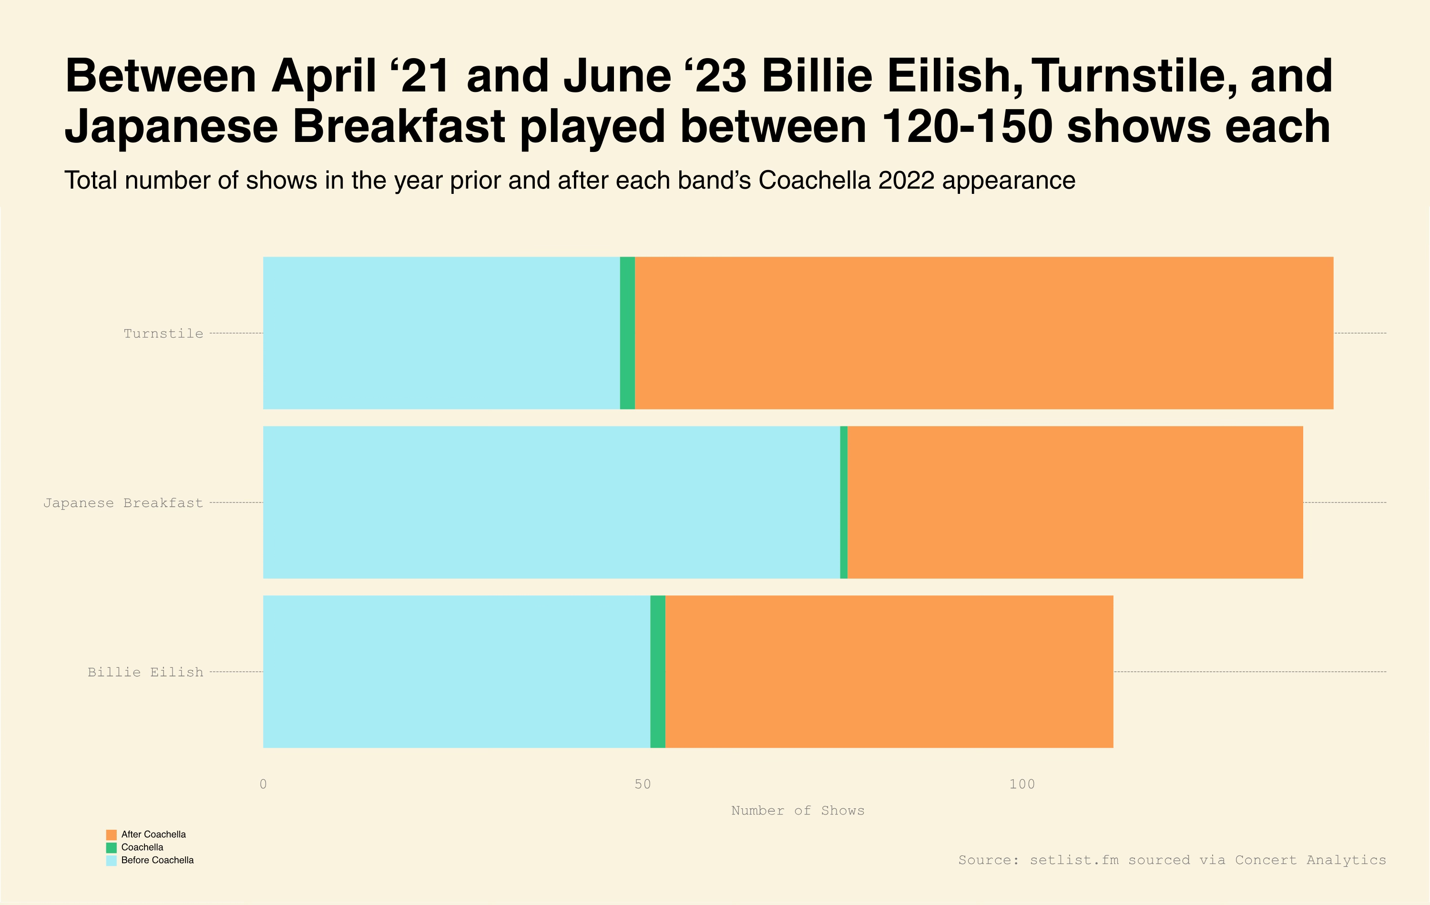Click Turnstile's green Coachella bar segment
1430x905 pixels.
627,333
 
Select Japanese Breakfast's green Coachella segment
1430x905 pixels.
844,502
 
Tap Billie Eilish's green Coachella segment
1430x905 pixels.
658,671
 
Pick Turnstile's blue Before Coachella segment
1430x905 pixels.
441,333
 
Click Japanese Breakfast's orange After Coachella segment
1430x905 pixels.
1075,502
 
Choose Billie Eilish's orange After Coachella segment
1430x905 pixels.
889,671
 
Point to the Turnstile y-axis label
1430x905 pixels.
163,333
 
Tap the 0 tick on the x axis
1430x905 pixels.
263,784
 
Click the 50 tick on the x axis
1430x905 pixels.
643,784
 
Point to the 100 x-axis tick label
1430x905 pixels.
1022,784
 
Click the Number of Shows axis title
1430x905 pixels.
797,811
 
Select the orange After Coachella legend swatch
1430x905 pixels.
111,835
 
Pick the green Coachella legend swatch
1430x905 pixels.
111,848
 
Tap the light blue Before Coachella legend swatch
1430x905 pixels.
111,861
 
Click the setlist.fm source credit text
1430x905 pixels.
1172,860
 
